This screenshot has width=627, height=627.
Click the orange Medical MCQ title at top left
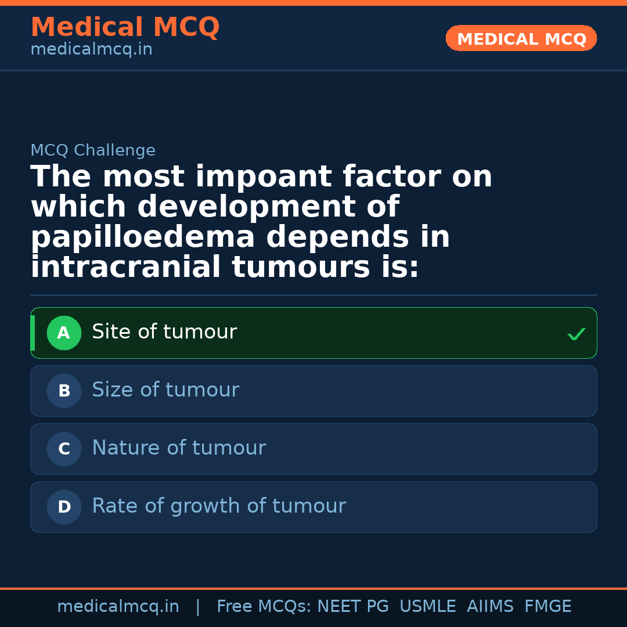(x=125, y=27)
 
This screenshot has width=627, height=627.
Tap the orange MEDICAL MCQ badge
(x=521, y=38)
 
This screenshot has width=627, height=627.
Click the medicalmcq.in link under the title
(x=91, y=50)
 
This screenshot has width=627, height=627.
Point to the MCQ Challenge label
(x=93, y=151)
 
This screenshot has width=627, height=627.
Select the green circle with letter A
(x=64, y=333)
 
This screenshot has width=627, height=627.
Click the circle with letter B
(x=64, y=391)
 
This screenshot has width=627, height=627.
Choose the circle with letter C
(x=64, y=449)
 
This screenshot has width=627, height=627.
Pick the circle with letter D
(x=64, y=507)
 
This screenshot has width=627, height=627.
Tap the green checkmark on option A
(x=576, y=334)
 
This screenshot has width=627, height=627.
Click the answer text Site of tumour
(x=164, y=332)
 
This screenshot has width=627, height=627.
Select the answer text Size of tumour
(x=165, y=390)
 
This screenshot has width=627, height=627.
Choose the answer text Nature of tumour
(x=179, y=448)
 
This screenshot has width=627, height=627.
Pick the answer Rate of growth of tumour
(x=219, y=506)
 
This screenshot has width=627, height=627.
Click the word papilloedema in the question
(x=143, y=238)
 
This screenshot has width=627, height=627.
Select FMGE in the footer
(x=547, y=607)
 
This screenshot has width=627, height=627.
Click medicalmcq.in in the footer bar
(x=118, y=607)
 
